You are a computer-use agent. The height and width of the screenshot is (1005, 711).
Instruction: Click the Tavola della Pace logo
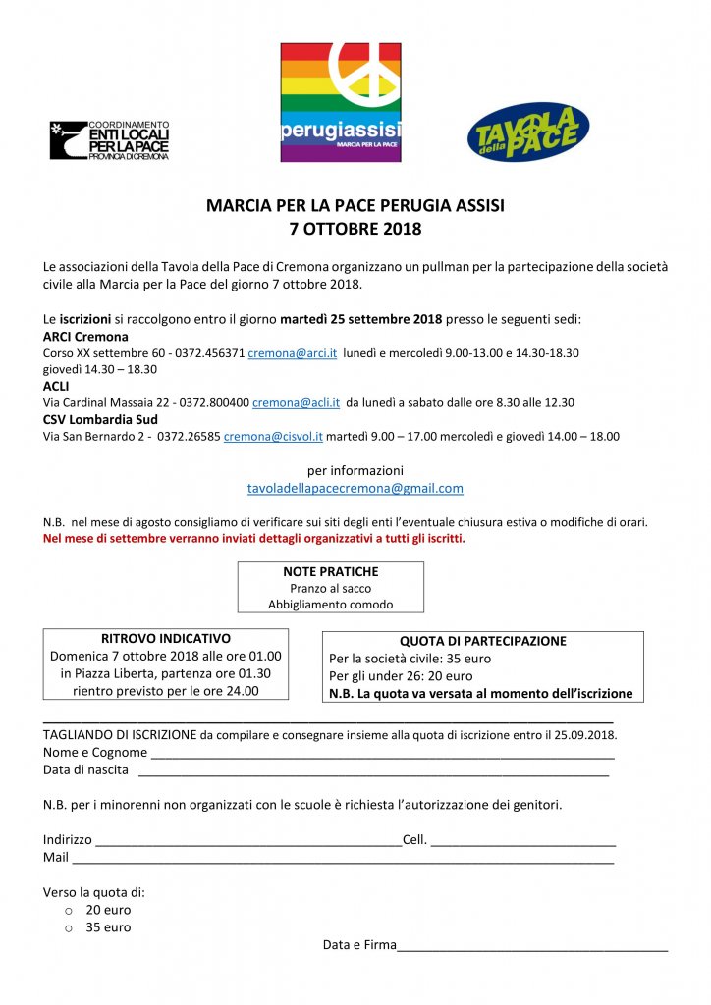pyautogui.click(x=527, y=132)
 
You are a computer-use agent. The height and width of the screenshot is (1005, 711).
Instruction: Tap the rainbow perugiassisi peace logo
pyautogui.click(x=341, y=102)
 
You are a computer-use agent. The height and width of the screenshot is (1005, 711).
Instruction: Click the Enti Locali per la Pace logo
pyautogui.click(x=110, y=139)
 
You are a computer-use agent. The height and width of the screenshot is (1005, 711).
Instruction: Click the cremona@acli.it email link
pyautogui.click(x=296, y=402)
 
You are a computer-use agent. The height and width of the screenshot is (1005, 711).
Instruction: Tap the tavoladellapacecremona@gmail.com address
pyautogui.click(x=355, y=488)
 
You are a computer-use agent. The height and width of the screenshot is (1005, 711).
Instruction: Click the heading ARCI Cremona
pyautogui.click(x=85, y=337)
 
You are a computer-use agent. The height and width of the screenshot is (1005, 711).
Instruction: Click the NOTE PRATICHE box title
pyautogui.click(x=330, y=571)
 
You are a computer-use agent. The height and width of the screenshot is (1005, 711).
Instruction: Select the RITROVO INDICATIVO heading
pyautogui.click(x=166, y=638)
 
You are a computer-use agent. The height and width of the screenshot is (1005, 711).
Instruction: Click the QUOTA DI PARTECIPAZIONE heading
pyautogui.click(x=483, y=641)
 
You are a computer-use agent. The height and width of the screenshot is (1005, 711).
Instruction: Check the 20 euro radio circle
pyautogui.click(x=69, y=910)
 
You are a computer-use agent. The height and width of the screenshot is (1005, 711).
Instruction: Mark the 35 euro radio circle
pyautogui.click(x=69, y=927)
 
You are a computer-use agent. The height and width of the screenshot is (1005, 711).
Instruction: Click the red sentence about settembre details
pyautogui.click(x=254, y=539)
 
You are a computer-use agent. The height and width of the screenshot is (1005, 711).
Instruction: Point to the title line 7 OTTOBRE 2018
pyautogui.click(x=355, y=230)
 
